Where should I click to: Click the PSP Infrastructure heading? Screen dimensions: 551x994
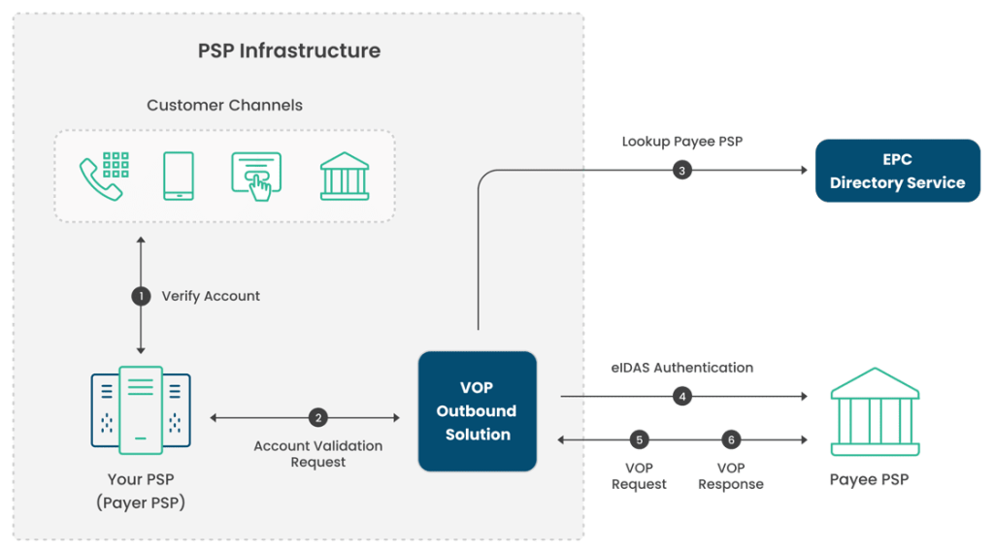click(x=289, y=50)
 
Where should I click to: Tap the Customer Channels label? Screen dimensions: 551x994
click(x=224, y=105)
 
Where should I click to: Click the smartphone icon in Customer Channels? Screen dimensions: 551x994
click(x=179, y=176)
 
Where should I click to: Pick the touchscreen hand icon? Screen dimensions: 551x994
click(x=256, y=176)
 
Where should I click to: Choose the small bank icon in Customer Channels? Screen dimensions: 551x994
click(x=345, y=176)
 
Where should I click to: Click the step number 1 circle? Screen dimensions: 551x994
click(x=142, y=296)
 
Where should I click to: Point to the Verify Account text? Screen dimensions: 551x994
click(x=211, y=296)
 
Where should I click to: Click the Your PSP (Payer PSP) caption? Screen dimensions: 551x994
click(x=141, y=491)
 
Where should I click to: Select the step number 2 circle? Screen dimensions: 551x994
click(x=317, y=418)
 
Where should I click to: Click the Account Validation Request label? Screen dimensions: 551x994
click(x=317, y=454)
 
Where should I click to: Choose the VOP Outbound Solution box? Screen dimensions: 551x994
click(x=477, y=411)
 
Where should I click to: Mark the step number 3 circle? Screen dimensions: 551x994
click(x=682, y=171)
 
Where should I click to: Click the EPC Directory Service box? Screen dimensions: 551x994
click(x=897, y=171)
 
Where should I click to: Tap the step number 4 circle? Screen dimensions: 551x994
click(x=682, y=396)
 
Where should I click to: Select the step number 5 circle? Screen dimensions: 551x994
click(x=639, y=440)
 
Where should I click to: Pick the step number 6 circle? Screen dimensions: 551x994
click(x=731, y=440)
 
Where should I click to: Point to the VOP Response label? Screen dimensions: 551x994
click(x=731, y=475)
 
